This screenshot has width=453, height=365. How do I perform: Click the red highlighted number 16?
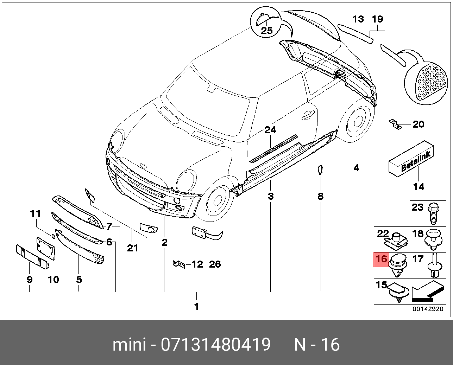(382, 260)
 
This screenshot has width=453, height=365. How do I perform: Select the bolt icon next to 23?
(433, 213)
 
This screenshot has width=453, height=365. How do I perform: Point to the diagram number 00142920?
(428, 309)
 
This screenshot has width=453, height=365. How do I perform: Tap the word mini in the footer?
(129, 345)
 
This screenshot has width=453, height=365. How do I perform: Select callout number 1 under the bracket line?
(196, 307)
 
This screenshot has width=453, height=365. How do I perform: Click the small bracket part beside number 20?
(396, 124)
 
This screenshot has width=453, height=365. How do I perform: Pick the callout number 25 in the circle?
(267, 31)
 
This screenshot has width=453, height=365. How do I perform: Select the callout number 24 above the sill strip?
(270, 130)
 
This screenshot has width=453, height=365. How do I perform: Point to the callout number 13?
(358, 19)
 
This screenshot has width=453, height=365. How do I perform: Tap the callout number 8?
(320, 196)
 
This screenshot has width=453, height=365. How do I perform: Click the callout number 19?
(378, 19)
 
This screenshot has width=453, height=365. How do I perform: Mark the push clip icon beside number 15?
(398, 293)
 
